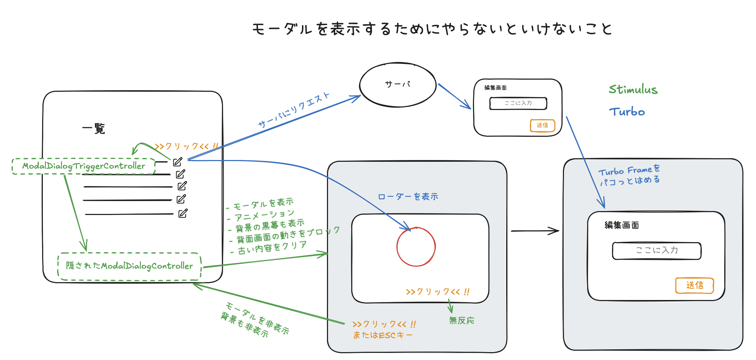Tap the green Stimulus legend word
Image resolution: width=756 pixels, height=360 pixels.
click(633, 89)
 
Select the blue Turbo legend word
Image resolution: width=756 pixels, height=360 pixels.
click(627, 112)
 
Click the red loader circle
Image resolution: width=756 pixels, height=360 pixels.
click(397, 246)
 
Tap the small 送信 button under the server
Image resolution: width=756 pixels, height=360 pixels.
click(543, 125)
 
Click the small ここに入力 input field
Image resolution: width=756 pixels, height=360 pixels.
click(518, 103)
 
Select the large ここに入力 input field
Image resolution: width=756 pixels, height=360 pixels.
click(656, 250)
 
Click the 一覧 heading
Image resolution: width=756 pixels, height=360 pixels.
click(94, 129)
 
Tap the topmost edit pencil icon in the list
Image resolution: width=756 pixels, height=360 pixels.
click(178, 162)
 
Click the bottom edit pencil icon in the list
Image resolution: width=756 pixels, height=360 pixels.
click(183, 213)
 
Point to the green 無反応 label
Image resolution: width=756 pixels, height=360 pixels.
click(462, 320)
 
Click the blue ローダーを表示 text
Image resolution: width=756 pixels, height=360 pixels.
click(408, 196)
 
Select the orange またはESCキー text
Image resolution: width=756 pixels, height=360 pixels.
click(383, 335)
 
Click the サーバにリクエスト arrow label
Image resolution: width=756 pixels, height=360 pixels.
click(293, 110)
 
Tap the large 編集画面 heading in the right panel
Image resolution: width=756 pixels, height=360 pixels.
click(621, 225)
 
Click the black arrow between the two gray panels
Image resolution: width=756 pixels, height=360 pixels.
click(535, 231)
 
